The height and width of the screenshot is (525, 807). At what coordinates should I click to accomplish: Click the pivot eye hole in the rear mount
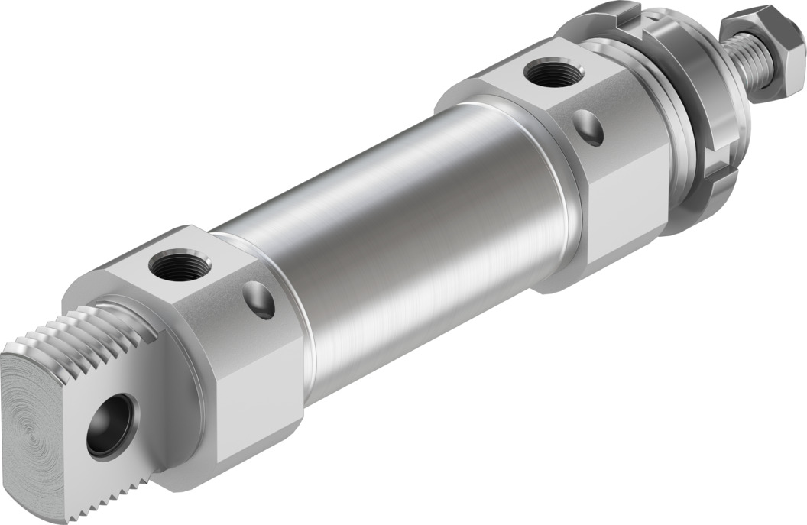pyautogui.click(x=112, y=426)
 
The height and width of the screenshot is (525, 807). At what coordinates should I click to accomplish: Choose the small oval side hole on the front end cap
pyautogui.click(x=589, y=127)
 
